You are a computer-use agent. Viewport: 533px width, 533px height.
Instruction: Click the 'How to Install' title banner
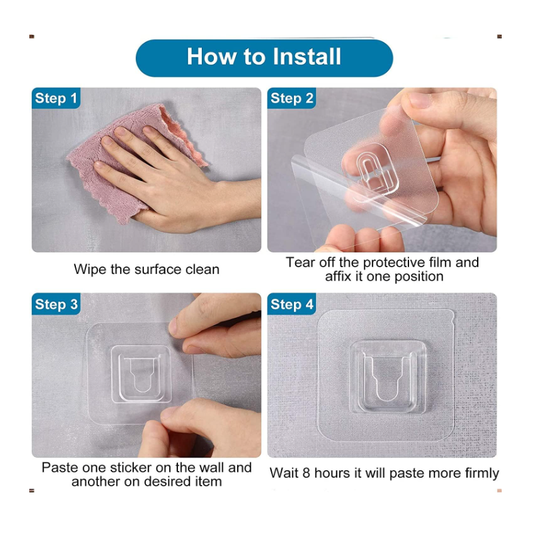click(264, 58)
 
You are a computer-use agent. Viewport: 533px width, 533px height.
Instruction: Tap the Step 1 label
click(56, 98)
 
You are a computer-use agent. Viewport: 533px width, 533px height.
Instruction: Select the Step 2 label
click(292, 98)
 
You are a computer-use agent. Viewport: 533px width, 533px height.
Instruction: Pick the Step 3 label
click(56, 304)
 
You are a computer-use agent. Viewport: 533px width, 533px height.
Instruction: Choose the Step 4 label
click(292, 304)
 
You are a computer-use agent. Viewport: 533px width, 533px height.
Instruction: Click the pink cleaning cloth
click(136, 160)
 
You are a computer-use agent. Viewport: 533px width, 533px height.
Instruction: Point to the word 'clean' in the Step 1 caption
click(203, 269)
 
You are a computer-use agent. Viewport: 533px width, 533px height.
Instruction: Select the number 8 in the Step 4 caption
click(306, 473)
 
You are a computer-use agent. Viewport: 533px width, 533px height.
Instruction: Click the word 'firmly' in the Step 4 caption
click(480, 474)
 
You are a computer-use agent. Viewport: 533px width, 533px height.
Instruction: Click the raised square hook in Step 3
click(141, 374)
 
